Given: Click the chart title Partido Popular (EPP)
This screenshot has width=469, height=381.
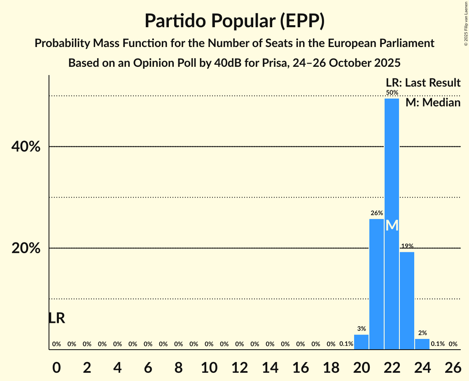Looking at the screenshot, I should tap(234, 21).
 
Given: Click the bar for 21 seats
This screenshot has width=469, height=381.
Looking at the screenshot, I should tap(376, 284).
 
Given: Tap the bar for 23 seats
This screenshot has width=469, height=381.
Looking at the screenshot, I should tap(407, 301).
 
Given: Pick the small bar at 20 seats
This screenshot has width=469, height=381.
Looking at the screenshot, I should tap(361, 342).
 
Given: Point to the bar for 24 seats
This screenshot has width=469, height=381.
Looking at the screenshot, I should tap(422, 344).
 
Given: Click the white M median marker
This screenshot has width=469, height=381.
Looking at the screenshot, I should tap(392, 226).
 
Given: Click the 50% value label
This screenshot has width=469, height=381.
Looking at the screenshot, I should tap(392, 93).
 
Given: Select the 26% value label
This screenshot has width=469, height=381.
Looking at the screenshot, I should tap(376, 213).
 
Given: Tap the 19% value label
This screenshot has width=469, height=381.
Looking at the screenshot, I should tap(407, 246).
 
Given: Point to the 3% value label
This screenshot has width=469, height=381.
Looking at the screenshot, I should tap(362, 329).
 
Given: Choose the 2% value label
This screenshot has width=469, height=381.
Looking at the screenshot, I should tap(422, 333).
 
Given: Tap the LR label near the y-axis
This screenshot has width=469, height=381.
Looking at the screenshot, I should tap(56, 318).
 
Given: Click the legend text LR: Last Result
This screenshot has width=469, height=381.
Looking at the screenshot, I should tap(423, 83).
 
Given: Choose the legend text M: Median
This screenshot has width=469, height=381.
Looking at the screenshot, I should tap(433, 102).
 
